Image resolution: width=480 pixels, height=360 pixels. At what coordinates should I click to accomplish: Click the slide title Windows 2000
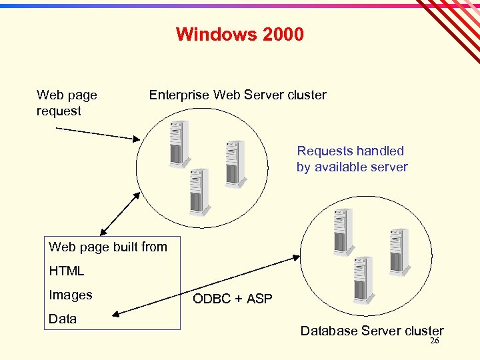click(x=239, y=34)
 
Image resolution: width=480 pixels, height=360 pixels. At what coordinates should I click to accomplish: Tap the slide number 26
click(x=434, y=341)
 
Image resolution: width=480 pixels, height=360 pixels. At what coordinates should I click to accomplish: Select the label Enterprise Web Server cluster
click(x=237, y=95)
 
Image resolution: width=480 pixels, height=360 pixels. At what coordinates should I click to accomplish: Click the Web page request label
click(x=66, y=103)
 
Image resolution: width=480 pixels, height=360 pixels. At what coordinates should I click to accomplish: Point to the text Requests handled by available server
click(x=351, y=159)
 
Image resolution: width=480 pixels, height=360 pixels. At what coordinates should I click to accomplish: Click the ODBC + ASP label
click(x=233, y=299)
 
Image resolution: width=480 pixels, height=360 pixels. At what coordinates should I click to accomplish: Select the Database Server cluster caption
click(x=371, y=331)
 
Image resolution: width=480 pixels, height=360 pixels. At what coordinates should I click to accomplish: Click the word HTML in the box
click(x=67, y=271)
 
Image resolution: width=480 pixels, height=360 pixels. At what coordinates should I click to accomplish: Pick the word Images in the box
click(x=71, y=295)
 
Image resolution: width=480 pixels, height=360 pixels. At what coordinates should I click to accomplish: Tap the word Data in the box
click(x=63, y=319)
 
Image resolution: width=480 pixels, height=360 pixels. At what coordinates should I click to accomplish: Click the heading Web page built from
click(x=108, y=247)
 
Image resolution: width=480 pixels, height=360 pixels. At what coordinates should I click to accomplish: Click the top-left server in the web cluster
click(x=179, y=143)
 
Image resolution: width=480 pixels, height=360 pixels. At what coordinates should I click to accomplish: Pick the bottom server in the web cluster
click(x=198, y=192)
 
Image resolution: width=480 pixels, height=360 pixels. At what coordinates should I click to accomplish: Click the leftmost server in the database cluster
click(x=343, y=232)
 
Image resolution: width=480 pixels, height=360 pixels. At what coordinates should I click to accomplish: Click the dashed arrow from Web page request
click(x=97, y=133)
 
